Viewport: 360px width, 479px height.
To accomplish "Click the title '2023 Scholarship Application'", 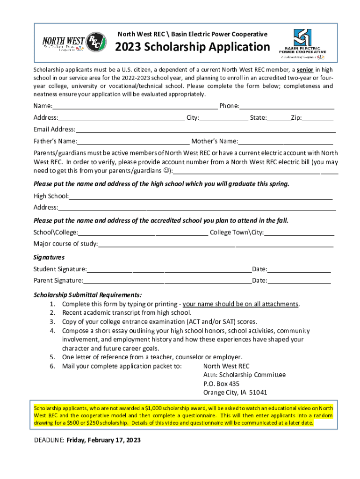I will [193, 47].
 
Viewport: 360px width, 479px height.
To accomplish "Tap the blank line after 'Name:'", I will [135, 107].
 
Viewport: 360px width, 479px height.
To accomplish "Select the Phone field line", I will [287, 107].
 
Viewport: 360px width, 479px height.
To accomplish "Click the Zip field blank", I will [317, 118].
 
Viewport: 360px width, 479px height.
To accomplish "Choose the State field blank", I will [279, 118].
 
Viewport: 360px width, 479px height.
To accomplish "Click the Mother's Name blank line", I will [285, 142].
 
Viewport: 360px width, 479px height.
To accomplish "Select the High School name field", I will [201, 196].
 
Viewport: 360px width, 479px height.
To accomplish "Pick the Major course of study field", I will [216, 244].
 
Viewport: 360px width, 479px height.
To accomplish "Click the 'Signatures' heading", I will [49, 257].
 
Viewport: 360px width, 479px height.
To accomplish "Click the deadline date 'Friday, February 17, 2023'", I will [103, 440].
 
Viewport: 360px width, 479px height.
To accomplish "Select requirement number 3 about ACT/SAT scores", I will [159, 322].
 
